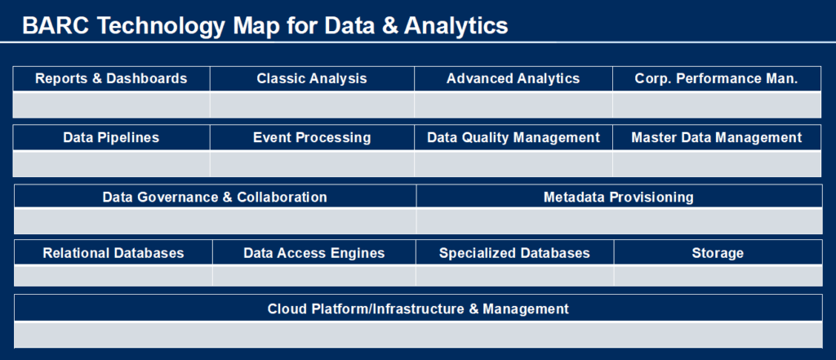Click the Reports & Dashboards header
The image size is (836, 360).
(111, 79)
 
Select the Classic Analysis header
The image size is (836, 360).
(312, 79)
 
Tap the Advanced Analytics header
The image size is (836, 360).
(513, 79)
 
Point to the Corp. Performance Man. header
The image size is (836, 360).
(716, 79)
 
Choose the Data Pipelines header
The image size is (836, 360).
(111, 138)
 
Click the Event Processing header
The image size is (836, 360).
(312, 138)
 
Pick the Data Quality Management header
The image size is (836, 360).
(513, 138)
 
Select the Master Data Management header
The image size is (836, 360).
(716, 138)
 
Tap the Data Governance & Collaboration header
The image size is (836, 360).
(215, 197)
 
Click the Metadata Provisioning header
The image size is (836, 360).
(618, 197)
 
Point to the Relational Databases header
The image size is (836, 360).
(113, 253)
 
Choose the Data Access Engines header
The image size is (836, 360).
(313, 253)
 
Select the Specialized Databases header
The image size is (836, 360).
(514, 253)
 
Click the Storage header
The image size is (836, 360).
(718, 253)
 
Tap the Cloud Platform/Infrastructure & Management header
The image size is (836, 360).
(418, 309)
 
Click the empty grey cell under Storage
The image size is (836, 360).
(718, 276)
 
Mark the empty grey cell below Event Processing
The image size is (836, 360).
(312, 163)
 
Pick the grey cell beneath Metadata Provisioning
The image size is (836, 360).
(618, 221)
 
